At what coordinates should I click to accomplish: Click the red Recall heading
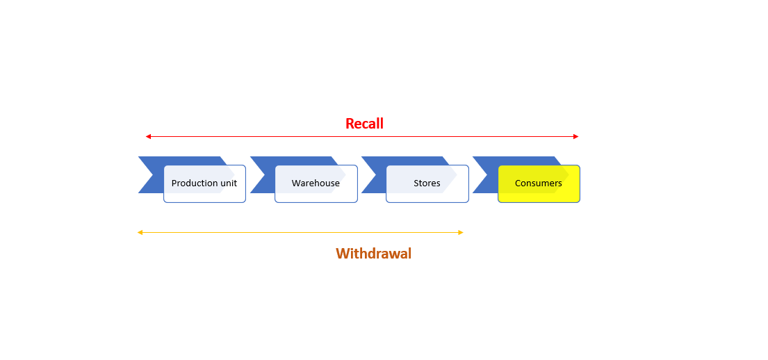[x=364, y=124]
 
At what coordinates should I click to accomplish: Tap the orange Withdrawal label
[x=373, y=253]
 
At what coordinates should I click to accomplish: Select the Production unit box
[x=205, y=183]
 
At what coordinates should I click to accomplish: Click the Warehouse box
[x=316, y=183]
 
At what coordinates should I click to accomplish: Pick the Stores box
[x=427, y=183]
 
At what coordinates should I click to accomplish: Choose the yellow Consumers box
[x=539, y=183]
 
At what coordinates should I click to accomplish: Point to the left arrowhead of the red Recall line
[x=148, y=137]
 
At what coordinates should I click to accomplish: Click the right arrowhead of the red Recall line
[x=576, y=137]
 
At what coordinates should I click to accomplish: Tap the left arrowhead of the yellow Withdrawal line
[x=140, y=233]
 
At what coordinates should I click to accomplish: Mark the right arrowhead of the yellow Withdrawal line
[x=460, y=233]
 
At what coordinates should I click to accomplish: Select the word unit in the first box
[x=227, y=183]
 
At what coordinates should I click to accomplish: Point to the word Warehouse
[x=316, y=183]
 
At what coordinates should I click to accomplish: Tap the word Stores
[x=427, y=183]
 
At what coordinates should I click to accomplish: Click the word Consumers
[x=538, y=183]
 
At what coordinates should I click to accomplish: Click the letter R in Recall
[x=350, y=124]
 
